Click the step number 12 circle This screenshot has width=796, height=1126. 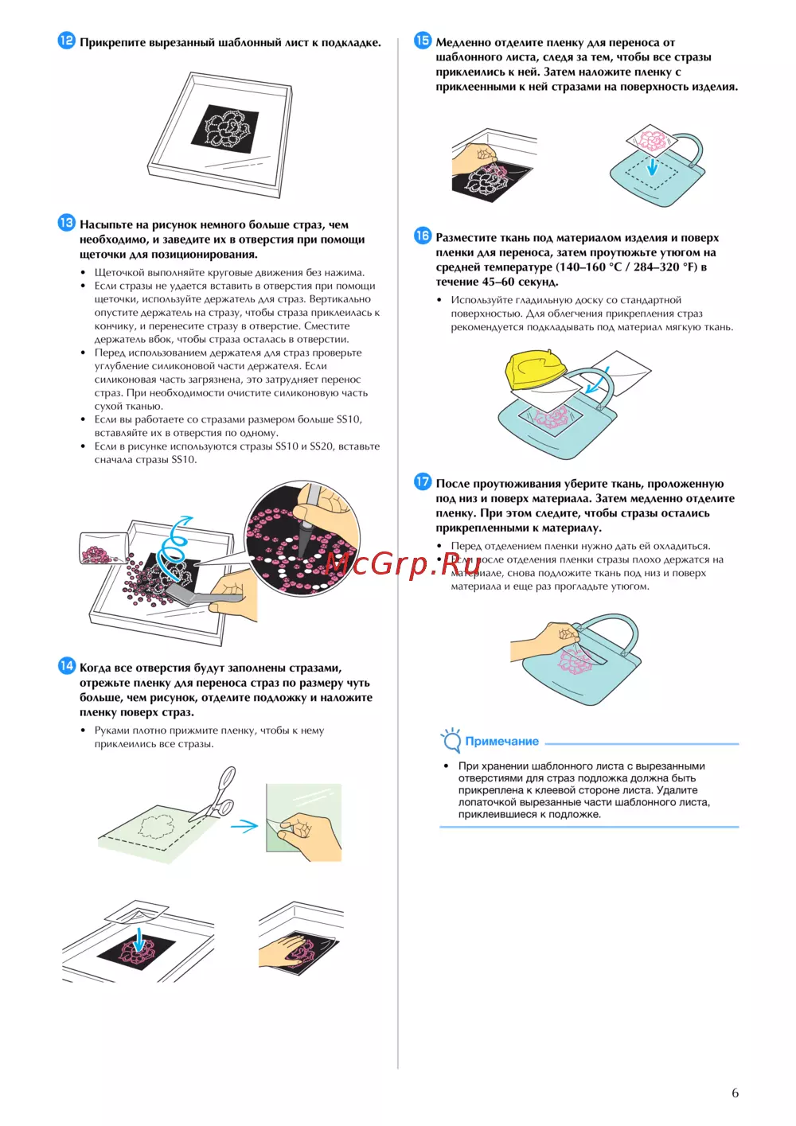[66, 41]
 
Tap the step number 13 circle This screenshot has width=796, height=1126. [66, 223]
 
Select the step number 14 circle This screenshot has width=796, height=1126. [66, 666]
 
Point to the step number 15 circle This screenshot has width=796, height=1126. [423, 41]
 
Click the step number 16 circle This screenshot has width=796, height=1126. [423, 236]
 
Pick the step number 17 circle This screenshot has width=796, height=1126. [423, 481]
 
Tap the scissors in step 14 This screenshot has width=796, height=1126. [213, 794]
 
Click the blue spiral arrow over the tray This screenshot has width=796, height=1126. [174, 545]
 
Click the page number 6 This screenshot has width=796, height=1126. [736, 1093]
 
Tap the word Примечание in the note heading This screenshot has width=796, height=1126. [501, 741]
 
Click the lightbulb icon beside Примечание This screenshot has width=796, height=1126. [451, 739]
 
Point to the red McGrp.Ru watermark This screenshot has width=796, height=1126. [402, 563]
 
